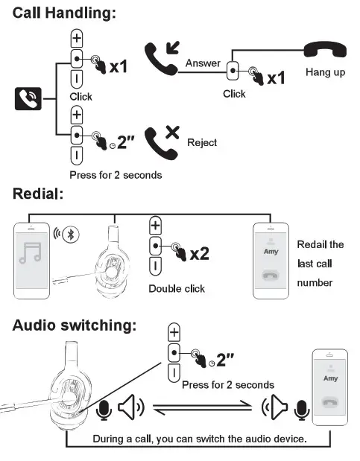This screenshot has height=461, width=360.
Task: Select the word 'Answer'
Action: (203, 63)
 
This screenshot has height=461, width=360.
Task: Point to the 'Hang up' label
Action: (325, 73)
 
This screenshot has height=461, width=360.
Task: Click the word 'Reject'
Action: (202, 142)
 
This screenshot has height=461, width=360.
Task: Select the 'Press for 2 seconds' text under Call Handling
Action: (116, 175)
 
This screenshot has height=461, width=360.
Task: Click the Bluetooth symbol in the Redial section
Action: (72, 233)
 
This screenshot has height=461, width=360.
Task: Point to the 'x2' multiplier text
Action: (200, 254)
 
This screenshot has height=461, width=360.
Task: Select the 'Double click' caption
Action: (177, 288)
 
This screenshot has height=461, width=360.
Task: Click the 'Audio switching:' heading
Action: (75, 325)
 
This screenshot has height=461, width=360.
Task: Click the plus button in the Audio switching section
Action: (174, 331)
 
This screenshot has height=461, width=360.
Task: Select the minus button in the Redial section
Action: (155, 265)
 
